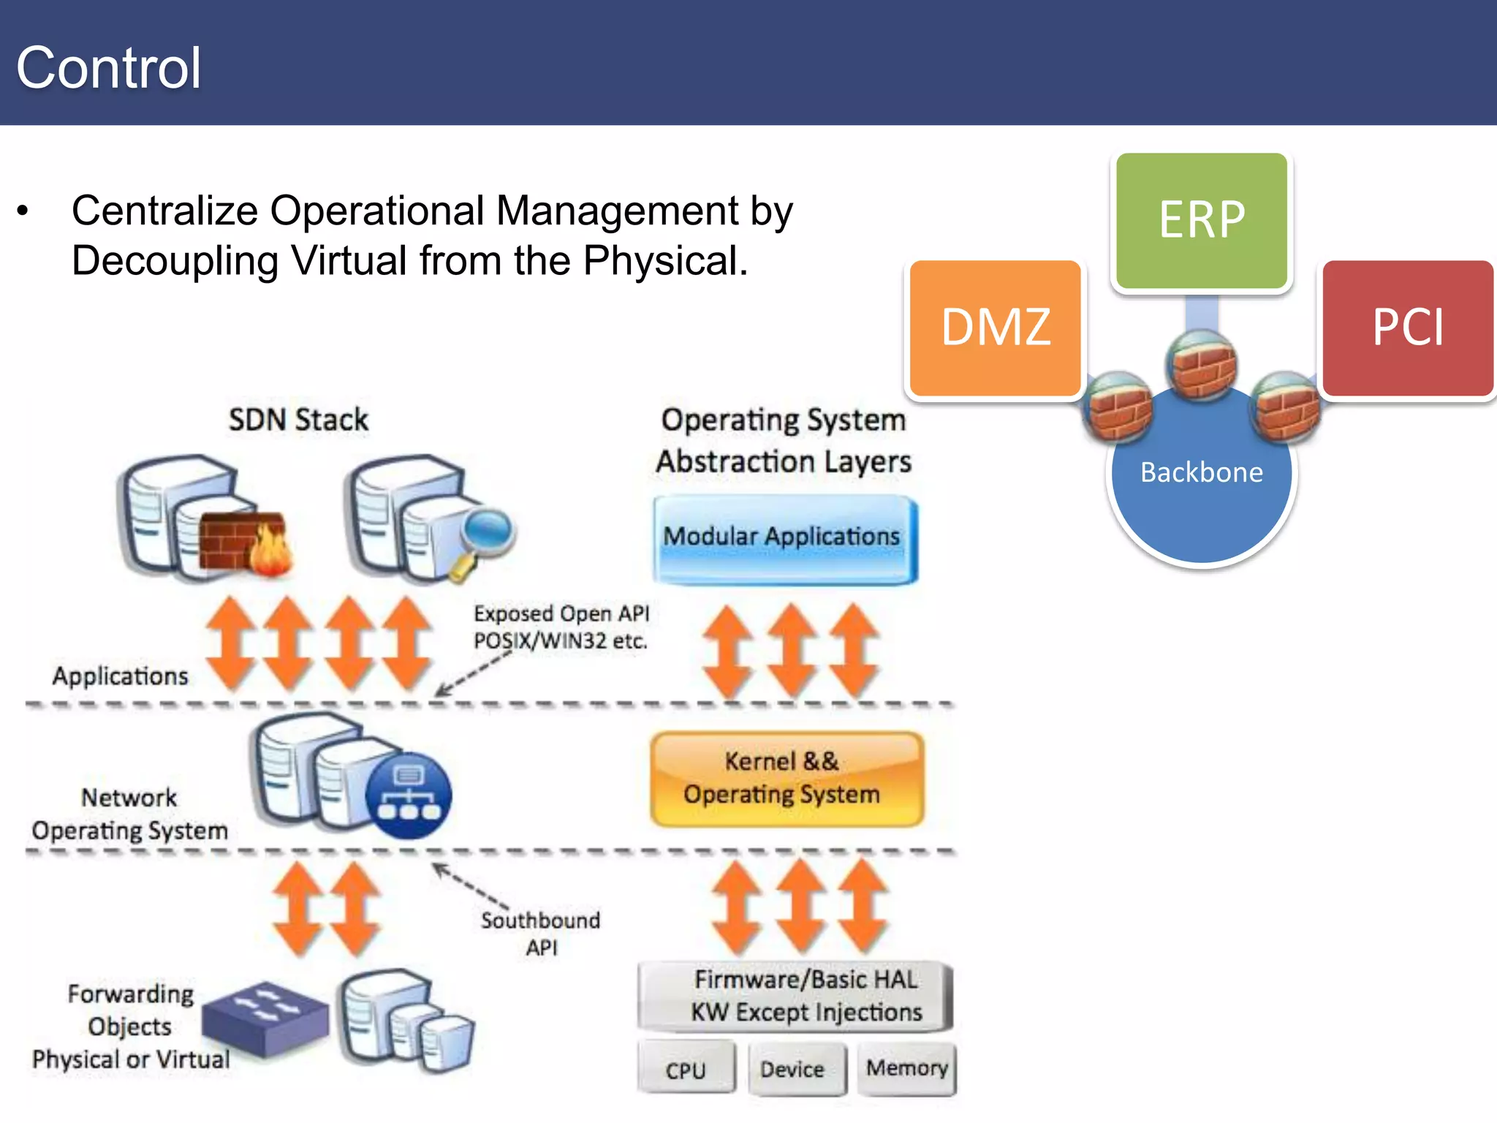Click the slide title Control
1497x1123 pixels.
click(x=108, y=67)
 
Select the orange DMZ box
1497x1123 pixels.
click(x=995, y=327)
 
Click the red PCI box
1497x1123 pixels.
click(x=1407, y=327)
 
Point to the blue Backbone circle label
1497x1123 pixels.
click(x=1201, y=472)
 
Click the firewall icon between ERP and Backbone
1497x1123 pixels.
click(x=1201, y=364)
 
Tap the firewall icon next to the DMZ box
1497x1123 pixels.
click(x=1118, y=407)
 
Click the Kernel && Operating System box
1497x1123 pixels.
click(x=785, y=778)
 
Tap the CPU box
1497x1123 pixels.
click(x=686, y=1069)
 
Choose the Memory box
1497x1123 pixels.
click(x=906, y=1068)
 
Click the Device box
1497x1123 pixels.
click(x=795, y=1069)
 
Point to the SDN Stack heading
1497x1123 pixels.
click(x=298, y=420)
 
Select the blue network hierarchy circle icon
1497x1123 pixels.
click(x=409, y=795)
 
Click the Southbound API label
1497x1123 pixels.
click(x=541, y=933)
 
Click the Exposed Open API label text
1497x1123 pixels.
click(x=561, y=627)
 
